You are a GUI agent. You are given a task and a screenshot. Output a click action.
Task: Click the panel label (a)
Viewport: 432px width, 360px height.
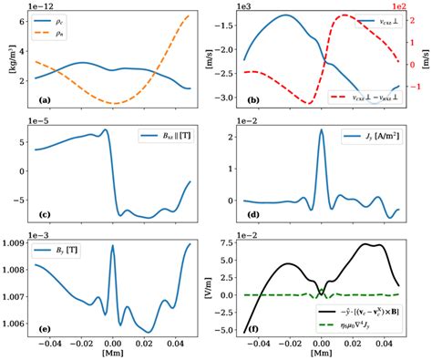pyautogui.click(x=39, y=98)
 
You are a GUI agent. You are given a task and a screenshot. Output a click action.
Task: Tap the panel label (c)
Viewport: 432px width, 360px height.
pyautogui.click(x=39, y=213)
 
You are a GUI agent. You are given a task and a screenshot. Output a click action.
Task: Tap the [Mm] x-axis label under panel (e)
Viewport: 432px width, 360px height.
pyautogui.click(x=112, y=352)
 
